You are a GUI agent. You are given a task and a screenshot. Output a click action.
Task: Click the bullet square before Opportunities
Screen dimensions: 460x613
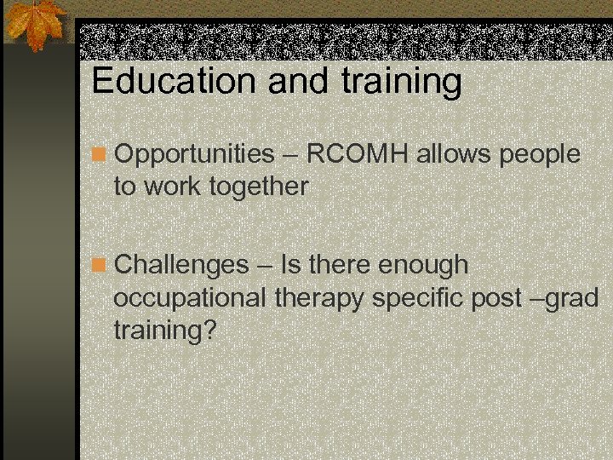(x=100, y=155)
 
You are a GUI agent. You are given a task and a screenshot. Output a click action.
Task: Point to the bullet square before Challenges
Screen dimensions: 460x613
(x=100, y=266)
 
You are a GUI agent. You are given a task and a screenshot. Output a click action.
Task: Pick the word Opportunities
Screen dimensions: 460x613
(x=194, y=155)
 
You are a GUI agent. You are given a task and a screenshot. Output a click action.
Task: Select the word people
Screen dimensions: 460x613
(x=541, y=155)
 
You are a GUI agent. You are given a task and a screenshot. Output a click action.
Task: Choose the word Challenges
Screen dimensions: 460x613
(x=180, y=266)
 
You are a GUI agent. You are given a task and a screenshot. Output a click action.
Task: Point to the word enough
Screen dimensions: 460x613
(x=423, y=266)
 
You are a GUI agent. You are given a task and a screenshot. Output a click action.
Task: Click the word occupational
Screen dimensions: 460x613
(x=190, y=298)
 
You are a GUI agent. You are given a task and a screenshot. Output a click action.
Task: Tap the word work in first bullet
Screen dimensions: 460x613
(x=170, y=187)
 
